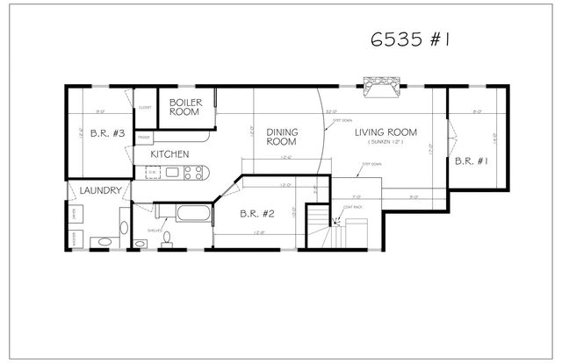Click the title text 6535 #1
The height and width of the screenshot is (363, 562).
410,41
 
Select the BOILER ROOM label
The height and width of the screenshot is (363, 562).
185,107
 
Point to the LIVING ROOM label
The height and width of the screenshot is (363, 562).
385,132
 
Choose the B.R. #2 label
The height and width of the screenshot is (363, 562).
258,213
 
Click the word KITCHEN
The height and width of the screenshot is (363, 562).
169,154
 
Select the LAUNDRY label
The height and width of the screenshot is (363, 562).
99,190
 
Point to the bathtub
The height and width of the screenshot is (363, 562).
190,213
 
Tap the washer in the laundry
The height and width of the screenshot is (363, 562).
76,237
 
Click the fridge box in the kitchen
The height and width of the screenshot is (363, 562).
145,138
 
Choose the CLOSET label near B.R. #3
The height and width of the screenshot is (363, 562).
145,107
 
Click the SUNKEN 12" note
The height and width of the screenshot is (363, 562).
385,142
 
